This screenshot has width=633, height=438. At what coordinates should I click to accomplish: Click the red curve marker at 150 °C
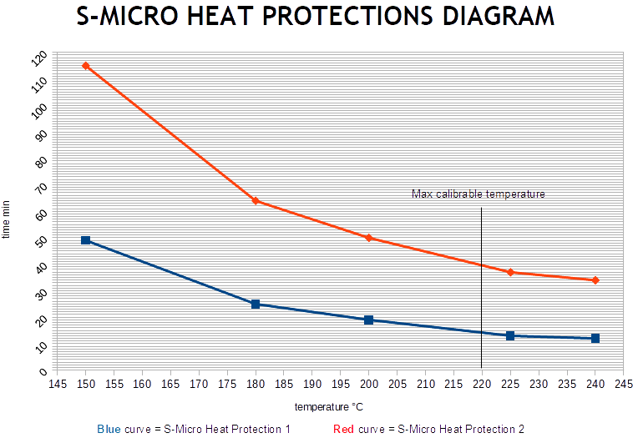(x=85, y=66)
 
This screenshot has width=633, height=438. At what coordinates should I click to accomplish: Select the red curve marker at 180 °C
(x=256, y=201)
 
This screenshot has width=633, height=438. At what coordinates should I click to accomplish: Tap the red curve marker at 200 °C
(x=368, y=238)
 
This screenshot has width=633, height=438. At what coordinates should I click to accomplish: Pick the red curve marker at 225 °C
(x=510, y=272)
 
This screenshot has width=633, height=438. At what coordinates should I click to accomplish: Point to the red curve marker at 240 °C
(x=595, y=280)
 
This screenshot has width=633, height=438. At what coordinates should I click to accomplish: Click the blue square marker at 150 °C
(x=85, y=240)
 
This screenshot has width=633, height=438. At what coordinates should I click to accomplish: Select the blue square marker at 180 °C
(x=256, y=305)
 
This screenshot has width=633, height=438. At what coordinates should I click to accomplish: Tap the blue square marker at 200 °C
(x=368, y=320)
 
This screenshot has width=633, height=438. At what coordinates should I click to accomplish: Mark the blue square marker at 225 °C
(x=510, y=336)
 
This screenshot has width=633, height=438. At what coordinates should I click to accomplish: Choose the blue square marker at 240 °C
(x=595, y=339)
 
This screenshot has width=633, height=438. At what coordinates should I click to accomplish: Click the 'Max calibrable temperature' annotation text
(x=478, y=194)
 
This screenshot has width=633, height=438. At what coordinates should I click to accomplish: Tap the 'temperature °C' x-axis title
(x=328, y=407)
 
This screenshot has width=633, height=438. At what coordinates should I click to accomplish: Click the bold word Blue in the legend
(x=109, y=429)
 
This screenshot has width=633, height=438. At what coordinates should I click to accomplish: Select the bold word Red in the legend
(x=343, y=429)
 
